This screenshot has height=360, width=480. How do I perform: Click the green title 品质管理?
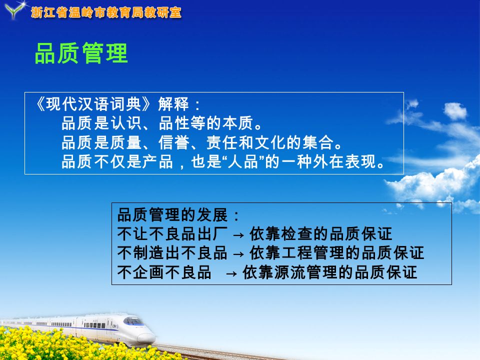[x=81, y=53]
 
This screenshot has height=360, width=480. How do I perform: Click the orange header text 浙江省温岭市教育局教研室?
[x=106, y=12]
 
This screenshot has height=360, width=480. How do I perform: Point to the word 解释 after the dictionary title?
[x=173, y=104]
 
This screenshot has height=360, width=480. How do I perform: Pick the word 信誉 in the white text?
[x=174, y=142]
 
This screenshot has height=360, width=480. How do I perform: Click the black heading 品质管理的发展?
[x=172, y=215]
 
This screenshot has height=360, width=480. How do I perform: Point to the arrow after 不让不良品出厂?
[x=238, y=235]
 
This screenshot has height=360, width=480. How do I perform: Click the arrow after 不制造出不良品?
[x=238, y=254]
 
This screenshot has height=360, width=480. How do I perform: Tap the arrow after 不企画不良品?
[x=231, y=273]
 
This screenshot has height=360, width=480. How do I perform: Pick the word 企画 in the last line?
[x=149, y=272]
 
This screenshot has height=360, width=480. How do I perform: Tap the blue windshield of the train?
[x=133, y=321]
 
